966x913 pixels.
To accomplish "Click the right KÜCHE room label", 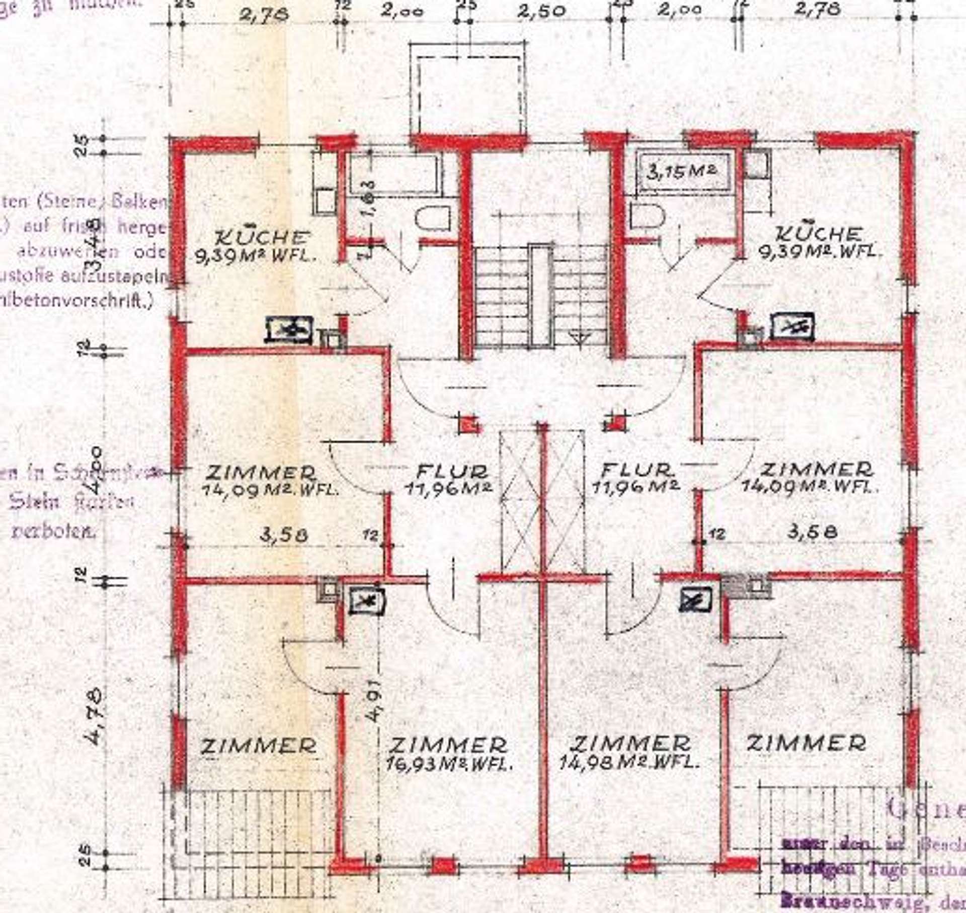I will (819, 234).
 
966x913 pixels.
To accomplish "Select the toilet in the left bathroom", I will (433, 220).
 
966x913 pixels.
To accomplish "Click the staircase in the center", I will (541, 297).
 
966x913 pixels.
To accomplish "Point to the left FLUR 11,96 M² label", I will (452, 479).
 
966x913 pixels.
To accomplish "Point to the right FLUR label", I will (637, 471).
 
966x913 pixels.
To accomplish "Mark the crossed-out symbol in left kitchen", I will (289, 330).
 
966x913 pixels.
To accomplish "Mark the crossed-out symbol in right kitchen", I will (793, 327).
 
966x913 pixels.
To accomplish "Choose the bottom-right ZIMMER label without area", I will (806, 743).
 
